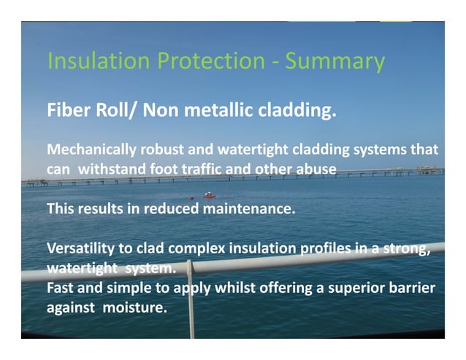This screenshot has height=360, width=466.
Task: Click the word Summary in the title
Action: click(x=335, y=61)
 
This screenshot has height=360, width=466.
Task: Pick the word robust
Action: click(x=161, y=151)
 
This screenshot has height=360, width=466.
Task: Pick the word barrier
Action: click(x=410, y=288)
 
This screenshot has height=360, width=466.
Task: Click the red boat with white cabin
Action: click(x=210, y=195)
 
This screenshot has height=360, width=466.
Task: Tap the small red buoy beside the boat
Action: click(x=191, y=197)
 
